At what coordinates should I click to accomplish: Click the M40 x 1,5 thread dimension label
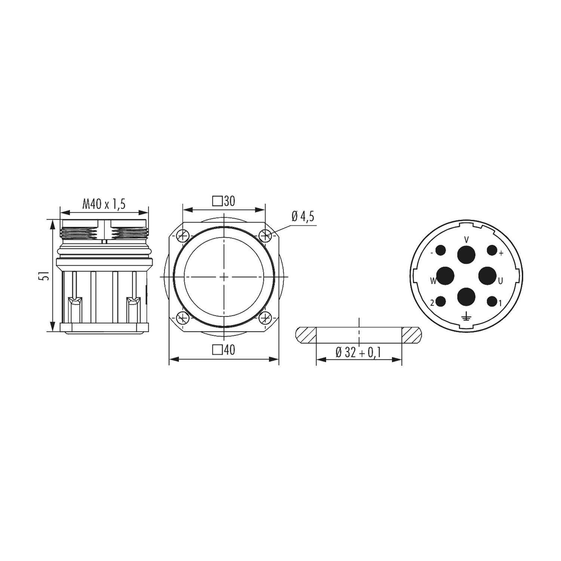click(x=104, y=204)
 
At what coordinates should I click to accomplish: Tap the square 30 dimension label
click(x=224, y=201)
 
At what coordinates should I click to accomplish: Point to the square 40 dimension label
click(x=224, y=350)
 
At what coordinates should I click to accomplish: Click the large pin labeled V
click(x=466, y=255)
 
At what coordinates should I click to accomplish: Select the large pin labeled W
click(x=445, y=276)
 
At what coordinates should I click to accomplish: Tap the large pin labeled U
click(x=487, y=276)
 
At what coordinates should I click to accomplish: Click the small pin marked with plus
click(x=491, y=250)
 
